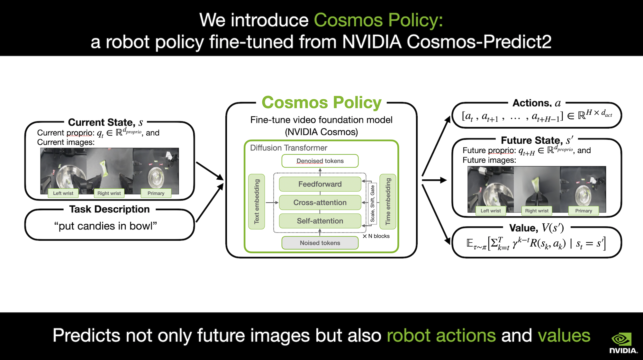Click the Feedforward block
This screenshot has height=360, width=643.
[x=320, y=184]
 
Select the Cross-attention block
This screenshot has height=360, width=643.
[x=320, y=203]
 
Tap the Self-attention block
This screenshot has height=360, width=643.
[x=320, y=221]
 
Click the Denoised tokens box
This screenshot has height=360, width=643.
[x=320, y=161]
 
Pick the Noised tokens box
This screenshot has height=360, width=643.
[x=320, y=243]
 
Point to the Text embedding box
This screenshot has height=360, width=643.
[x=257, y=202]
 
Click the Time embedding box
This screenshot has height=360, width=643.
[x=388, y=202]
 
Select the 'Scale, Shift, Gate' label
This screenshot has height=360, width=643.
[x=372, y=203]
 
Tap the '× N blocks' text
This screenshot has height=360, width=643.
[x=376, y=236]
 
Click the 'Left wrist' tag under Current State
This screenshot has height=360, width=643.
[x=63, y=193]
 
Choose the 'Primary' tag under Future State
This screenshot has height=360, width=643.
[x=584, y=211]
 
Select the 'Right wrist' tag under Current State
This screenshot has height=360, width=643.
[x=109, y=193]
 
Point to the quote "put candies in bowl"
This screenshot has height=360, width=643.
[x=105, y=226]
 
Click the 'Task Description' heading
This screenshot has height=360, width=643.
[x=109, y=209]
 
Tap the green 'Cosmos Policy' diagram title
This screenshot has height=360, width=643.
[x=321, y=103]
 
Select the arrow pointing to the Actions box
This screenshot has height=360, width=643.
[x=436, y=146]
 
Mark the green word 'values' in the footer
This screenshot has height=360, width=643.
[x=564, y=336]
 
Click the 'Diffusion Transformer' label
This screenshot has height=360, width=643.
[x=288, y=148]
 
